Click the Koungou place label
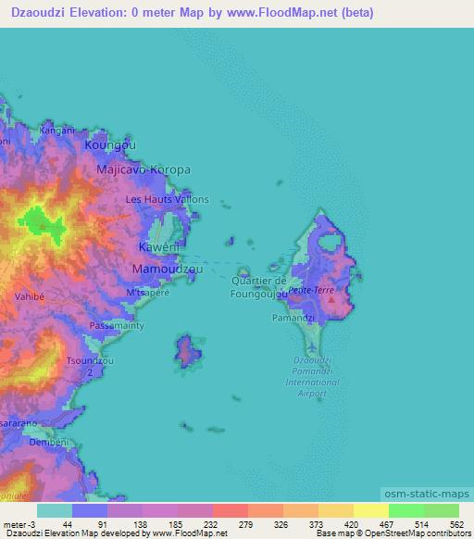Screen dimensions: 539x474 110,146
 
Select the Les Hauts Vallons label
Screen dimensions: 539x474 167,199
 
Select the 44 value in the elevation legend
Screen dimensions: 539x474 68,523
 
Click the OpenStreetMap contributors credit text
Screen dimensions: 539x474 418,533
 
